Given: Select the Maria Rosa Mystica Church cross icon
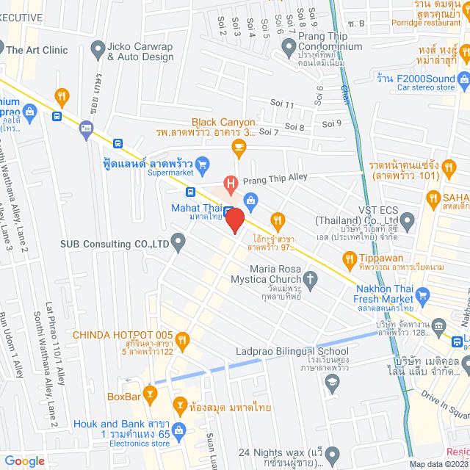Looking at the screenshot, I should coord(311,278).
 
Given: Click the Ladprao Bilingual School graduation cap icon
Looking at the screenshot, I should coord(332,382).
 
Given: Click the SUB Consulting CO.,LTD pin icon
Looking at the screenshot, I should coord(178,241).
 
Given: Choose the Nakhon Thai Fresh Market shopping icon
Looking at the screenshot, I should coord(422,295).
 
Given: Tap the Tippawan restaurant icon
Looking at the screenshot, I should coord(349,258).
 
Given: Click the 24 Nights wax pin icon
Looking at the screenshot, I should coord(331,453).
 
